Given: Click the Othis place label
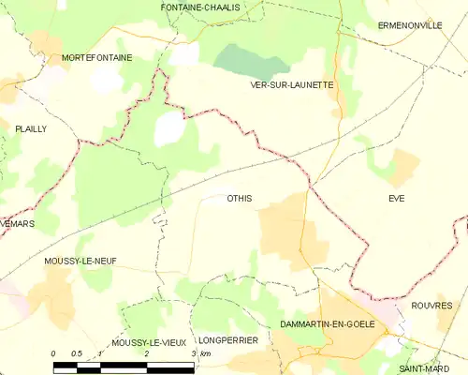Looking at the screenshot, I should [240, 198].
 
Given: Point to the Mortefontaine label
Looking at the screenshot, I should [96, 57].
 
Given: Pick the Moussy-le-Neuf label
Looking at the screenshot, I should [80, 261].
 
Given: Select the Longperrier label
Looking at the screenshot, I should [227, 340].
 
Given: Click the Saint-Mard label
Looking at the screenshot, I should [418, 368].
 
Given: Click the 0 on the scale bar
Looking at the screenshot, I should [53, 353].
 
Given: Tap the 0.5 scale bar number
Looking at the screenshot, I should [76, 353].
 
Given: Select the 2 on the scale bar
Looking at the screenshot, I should [147, 353].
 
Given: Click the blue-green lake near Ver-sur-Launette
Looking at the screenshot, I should [251, 63].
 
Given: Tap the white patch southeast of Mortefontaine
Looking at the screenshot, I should [170, 128].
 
